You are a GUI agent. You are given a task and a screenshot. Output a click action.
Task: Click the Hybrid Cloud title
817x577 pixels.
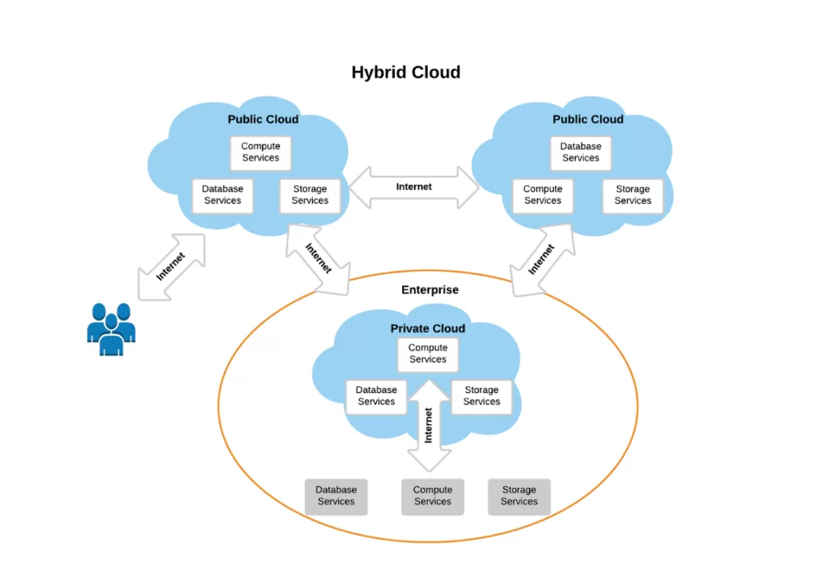click(x=405, y=73)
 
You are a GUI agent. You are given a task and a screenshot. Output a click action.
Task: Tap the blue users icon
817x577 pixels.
click(x=111, y=328)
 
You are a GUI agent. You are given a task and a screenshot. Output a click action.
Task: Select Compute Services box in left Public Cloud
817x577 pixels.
click(x=261, y=152)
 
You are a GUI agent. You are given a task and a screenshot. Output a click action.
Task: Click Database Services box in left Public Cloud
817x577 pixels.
click(x=223, y=195)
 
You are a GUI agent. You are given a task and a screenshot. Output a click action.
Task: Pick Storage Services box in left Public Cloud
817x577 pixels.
click(x=310, y=195)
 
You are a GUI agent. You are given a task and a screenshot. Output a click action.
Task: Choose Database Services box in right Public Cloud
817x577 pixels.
click(x=580, y=152)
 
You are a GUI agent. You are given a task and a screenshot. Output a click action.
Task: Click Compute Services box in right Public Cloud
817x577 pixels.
click(x=543, y=195)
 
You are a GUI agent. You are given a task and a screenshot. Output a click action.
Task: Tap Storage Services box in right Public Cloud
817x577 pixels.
click(x=633, y=195)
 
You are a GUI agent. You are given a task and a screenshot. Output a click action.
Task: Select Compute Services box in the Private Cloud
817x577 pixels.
click(x=428, y=354)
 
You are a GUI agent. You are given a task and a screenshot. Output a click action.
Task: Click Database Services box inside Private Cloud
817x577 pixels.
click(x=376, y=396)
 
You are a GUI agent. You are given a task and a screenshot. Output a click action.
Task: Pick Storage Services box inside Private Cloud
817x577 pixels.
click(x=481, y=396)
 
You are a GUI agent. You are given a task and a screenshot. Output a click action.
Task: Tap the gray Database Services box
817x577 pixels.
click(x=336, y=496)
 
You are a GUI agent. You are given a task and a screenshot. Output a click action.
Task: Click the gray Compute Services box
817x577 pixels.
click(x=432, y=496)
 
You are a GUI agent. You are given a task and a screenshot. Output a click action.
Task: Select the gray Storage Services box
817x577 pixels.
click(x=519, y=496)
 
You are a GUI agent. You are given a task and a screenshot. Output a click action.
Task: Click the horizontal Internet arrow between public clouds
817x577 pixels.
click(x=413, y=187)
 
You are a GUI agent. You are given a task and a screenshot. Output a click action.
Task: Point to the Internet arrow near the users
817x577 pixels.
click(x=171, y=267)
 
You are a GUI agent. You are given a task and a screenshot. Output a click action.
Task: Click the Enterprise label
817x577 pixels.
click(x=429, y=290)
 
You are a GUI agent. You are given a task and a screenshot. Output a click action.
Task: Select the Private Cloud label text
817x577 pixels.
click(x=427, y=328)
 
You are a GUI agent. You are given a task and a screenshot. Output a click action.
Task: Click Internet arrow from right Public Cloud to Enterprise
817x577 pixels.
click(x=541, y=260)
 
